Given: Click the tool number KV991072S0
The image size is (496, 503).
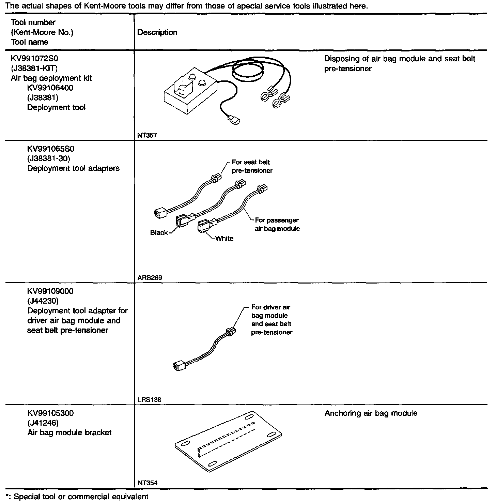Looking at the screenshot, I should (34, 58).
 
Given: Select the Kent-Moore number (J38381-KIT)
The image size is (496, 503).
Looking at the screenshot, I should (34, 68).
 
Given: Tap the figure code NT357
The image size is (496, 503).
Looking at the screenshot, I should (147, 135).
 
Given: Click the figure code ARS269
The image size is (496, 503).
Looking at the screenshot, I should (150, 278).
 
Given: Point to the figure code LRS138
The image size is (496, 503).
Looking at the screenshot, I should (149, 400).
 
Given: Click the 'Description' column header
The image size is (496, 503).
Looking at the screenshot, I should (157, 32).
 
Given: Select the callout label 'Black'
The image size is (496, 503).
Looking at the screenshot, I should (159, 232).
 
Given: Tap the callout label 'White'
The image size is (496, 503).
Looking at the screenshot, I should (224, 239).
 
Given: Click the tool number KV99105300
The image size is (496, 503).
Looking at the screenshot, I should (50, 413).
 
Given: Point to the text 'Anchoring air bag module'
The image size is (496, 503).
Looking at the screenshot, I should (371, 413).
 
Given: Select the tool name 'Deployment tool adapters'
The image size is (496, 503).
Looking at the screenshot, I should (73, 168).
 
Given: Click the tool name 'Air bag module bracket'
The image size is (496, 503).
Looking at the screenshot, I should (69, 432).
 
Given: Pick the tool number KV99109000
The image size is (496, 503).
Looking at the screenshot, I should (50, 291).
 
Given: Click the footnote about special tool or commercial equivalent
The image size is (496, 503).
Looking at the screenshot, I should (77, 497).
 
